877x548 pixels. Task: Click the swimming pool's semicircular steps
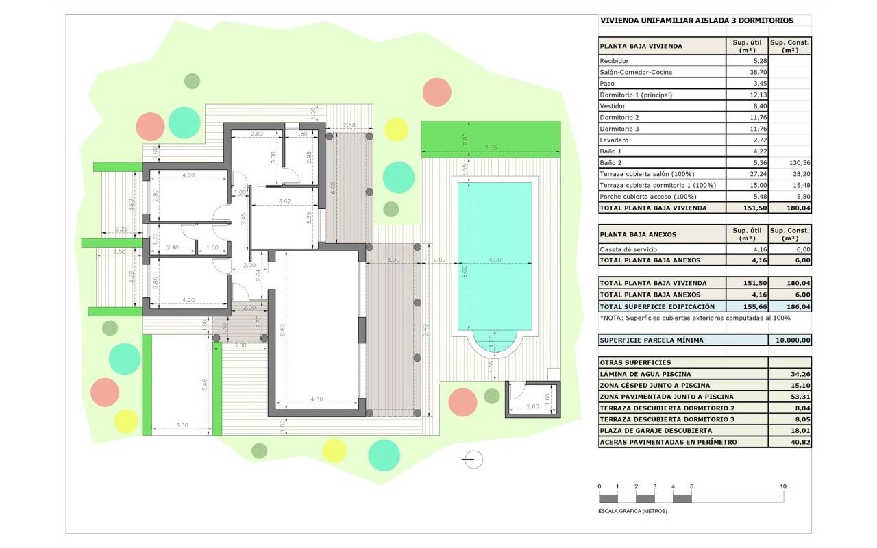click(495, 342)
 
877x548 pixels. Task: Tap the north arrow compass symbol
click(473, 460)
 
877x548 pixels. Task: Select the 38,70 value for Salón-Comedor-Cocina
click(757, 72)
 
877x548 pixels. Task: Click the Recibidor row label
click(614, 61)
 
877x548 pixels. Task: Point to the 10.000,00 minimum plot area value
click(793, 340)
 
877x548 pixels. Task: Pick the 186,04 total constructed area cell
click(798, 306)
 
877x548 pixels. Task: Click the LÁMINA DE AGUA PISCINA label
click(645, 374)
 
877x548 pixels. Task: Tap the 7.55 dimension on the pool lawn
click(491, 147)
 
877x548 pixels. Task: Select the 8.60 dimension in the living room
click(283, 329)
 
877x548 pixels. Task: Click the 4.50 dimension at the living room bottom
click(317, 399)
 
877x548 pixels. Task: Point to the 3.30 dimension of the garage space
click(182, 425)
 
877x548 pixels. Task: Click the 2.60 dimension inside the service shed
click(532, 406)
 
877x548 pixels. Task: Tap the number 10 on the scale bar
click(783, 486)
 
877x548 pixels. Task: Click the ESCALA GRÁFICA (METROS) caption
click(632, 511)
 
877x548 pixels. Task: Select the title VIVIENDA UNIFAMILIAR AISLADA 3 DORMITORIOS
click(697, 21)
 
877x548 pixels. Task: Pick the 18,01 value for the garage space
click(801, 431)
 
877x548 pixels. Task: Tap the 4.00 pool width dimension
click(495, 260)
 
